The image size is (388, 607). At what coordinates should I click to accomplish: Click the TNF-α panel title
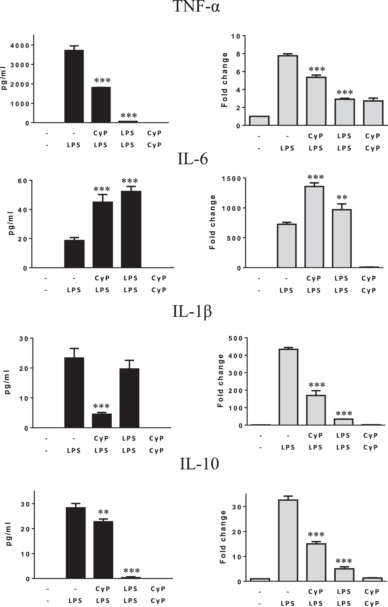coord(197,7)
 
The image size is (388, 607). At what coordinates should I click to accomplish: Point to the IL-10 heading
coord(199,463)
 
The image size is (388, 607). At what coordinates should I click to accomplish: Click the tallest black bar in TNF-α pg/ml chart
coord(74,87)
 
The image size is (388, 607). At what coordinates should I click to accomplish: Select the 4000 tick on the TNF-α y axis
coord(20,45)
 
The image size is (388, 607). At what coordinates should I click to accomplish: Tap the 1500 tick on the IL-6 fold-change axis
coord(231,179)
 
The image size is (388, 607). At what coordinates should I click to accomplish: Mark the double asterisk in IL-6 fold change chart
coord(342,197)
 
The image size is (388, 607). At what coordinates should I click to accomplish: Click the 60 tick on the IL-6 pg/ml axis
coord(23,181)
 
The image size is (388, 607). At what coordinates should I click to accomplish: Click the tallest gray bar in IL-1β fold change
coord(288,387)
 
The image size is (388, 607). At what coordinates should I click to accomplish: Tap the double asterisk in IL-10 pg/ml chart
coord(103,512)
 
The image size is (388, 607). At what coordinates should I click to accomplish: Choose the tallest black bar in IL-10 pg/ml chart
coord(76,543)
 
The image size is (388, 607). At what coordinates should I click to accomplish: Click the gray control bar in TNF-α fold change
coord(259,120)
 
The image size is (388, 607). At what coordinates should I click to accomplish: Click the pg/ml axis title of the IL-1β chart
coord(7,382)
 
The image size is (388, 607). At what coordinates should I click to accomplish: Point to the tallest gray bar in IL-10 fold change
coord(288,540)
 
